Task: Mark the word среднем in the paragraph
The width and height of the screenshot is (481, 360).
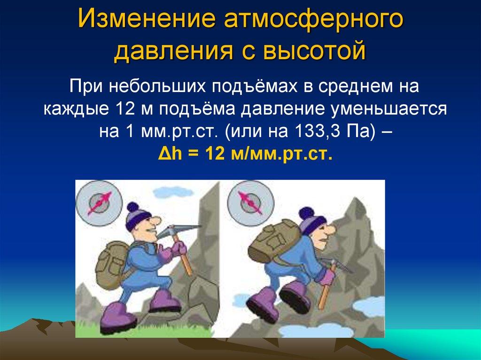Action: tap(358, 88)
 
